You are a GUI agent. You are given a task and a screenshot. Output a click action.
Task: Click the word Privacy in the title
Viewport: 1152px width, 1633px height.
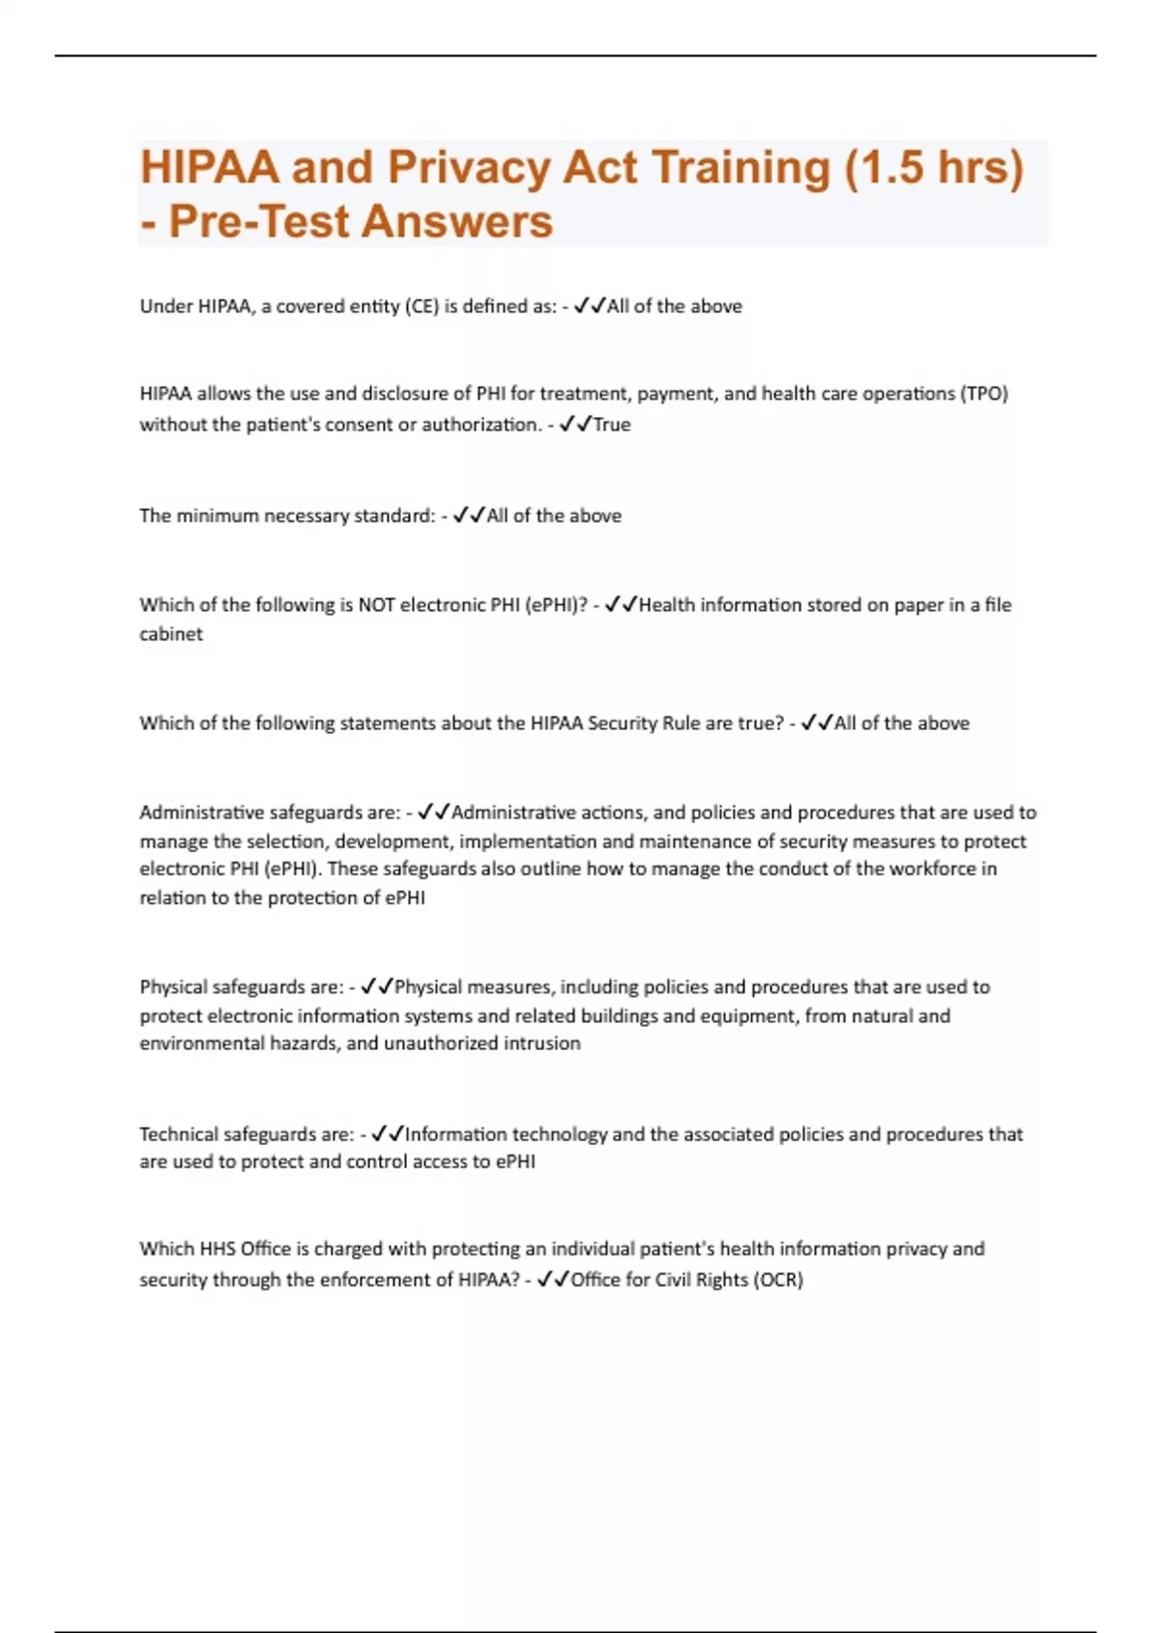[x=468, y=168]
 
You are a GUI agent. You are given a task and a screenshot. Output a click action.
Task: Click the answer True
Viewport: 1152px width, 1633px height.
[x=612, y=425]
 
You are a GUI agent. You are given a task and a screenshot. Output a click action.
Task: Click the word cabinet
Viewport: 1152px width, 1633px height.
[x=171, y=634]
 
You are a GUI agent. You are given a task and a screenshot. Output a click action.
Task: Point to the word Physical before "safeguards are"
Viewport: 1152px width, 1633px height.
[x=173, y=987]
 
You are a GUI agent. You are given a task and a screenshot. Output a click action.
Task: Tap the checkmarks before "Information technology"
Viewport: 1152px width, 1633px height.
[x=387, y=1134]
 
